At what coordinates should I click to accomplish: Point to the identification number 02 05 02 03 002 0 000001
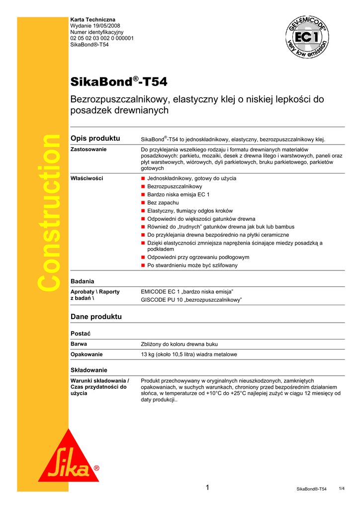[x=102, y=38]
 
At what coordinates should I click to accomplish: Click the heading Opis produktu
[x=95, y=138]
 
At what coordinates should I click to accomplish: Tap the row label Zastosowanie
[x=89, y=149]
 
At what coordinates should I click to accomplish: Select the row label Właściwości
[x=88, y=178]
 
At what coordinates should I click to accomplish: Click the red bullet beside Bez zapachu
[x=143, y=203]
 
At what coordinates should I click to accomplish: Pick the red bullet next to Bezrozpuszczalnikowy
[x=143, y=186]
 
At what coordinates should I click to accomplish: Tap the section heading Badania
[x=83, y=281]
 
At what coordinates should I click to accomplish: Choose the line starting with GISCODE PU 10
[x=191, y=300]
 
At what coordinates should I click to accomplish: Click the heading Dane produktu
[x=96, y=317]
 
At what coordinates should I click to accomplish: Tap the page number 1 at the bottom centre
[x=207, y=488]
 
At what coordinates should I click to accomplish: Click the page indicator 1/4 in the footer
[x=342, y=489]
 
